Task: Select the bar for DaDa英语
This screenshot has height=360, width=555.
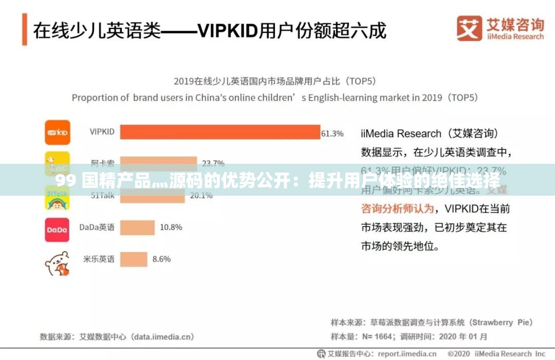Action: pos(138,228)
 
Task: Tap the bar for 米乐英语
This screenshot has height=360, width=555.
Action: pos(134,259)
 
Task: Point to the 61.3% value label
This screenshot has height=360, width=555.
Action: pos(332,134)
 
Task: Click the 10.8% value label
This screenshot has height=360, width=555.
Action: pos(170,228)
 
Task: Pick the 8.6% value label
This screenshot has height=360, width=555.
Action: pos(161,259)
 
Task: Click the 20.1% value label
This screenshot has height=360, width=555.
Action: pos(201,196)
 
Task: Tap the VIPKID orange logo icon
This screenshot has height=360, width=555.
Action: pos(57,132)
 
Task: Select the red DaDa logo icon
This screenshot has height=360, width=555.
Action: pos(57,230)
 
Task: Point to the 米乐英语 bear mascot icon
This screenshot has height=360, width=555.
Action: pos(57,263)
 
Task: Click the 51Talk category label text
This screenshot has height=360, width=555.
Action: pos(102,196)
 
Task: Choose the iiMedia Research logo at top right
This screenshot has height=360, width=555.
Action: pos(500,28)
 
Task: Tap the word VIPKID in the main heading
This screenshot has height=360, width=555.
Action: pos(228,31)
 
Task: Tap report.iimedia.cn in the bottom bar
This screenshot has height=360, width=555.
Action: pos(407,354)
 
